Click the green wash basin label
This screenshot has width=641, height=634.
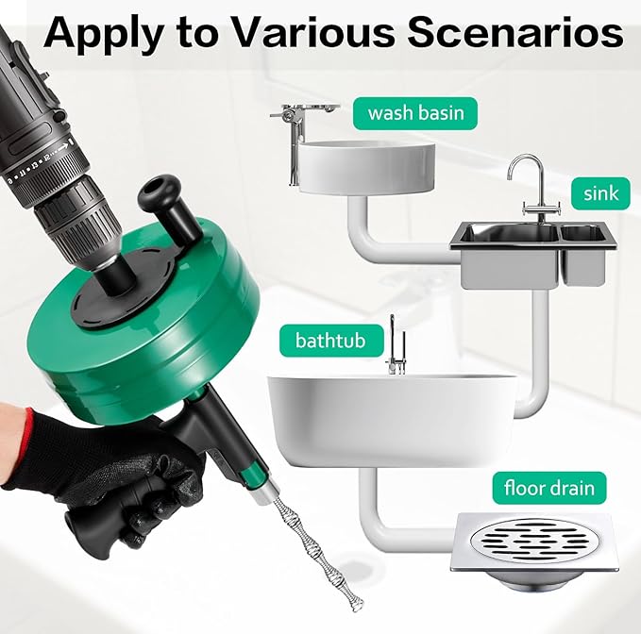point(415,114)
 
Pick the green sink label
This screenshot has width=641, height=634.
point(599,193)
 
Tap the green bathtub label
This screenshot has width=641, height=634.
point(320,339)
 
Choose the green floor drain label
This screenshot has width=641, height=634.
point(548,488)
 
